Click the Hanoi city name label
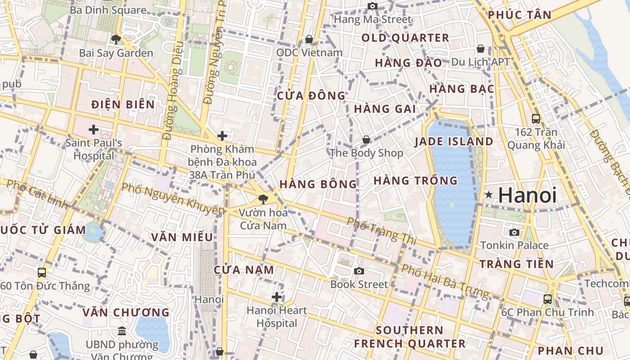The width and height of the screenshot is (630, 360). pos(527,195)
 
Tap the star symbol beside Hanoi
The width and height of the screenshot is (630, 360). pos(489,195)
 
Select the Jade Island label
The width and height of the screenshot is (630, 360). pos(454,141)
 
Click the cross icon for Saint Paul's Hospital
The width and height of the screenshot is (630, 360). pos(94,130)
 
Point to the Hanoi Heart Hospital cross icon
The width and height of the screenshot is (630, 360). pos(277,297)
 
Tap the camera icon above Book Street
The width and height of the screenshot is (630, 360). pos(359,271)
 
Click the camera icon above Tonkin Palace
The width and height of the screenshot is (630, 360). pos(514,232)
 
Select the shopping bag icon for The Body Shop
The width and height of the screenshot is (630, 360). pos(366,139)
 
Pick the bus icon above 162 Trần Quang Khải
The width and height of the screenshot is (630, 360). pos(536,119)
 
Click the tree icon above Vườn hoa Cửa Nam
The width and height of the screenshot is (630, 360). pos(263,198)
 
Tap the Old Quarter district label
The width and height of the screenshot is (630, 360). pos(405,38)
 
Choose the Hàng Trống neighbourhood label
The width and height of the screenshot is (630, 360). pos(415,180)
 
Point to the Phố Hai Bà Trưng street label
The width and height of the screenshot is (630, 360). pos(445,281)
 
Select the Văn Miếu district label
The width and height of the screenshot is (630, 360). pos(182,237)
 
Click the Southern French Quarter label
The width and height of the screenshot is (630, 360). pos(409,337)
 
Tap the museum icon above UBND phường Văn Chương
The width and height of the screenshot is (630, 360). pos(122,331)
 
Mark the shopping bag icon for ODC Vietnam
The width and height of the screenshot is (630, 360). pos(309,39)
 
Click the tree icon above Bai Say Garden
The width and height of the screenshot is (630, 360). pos(116,39)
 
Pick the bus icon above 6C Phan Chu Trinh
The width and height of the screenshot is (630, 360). pos(548,299)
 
